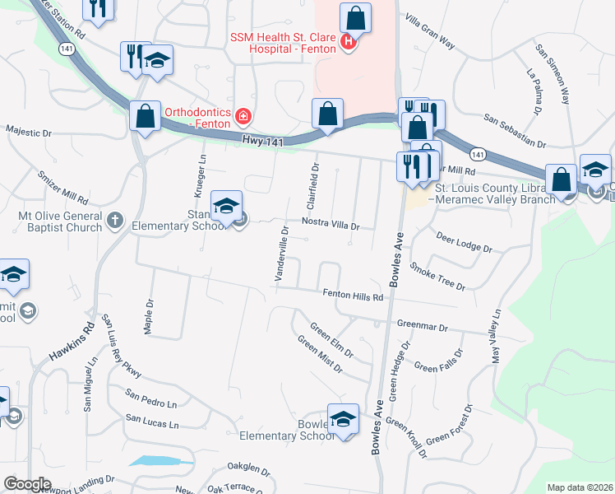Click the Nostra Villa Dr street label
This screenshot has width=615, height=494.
click(x=331, y=225)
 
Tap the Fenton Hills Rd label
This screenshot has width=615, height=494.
click(x=354, y=296)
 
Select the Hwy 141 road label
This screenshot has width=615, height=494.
click(x=264, y=142)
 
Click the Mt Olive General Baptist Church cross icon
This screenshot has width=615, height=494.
click(x=115, y=220)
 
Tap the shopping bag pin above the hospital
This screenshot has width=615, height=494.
click(x=355, y=17)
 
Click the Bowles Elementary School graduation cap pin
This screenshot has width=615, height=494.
click(x=344, y=418)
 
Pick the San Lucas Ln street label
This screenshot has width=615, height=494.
click(x=151, y=423)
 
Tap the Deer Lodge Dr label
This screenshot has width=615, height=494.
click(x=464, y=243)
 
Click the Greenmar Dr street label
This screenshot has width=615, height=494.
click(x=421, y=327)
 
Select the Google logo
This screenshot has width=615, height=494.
click(x=26, y=484)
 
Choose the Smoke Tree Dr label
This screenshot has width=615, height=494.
click(x=437, y=277)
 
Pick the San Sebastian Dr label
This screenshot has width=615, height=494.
click(x=515, y=131)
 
